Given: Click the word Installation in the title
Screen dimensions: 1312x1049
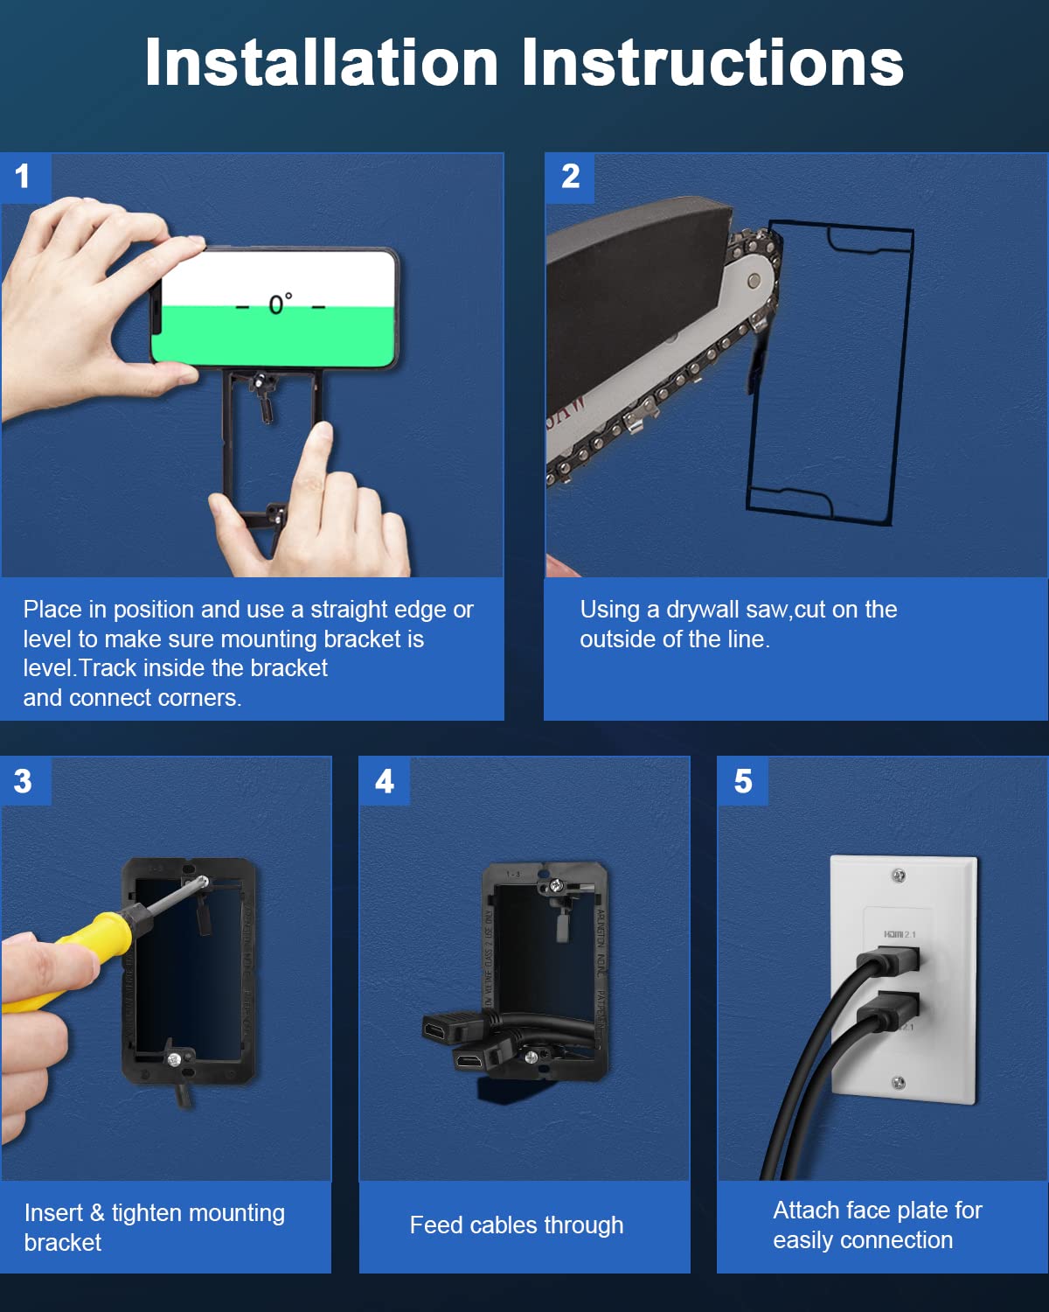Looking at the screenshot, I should pos(321,63).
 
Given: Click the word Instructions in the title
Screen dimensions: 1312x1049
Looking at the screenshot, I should pos(712,63).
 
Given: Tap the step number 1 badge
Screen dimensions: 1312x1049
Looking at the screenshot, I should pos(23,177).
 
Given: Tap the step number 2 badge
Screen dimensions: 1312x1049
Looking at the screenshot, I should pos(570,177).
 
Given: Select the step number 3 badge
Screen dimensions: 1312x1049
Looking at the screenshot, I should pos(23,781).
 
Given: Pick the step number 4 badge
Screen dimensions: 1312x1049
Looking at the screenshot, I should pos(385,781).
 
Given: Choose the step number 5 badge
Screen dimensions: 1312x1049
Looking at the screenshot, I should pos(743,781).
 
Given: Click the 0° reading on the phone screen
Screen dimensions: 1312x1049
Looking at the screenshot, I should pos(280,304).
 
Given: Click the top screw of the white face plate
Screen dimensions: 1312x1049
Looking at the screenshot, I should pos(898,876).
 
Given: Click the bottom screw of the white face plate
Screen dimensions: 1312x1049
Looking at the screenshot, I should pos(898,1084).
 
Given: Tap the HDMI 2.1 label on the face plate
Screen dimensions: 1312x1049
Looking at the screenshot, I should pos(900,935).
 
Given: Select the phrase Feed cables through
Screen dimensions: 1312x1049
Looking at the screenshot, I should pos(516,1225).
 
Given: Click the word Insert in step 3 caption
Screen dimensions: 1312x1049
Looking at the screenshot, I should pos(53,1213).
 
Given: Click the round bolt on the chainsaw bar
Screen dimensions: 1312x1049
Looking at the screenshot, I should pos(754,282).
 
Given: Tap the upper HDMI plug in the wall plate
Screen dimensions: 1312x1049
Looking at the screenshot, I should pos(892,962).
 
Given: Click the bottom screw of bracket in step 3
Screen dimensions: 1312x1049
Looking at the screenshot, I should pos(174,1060).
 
